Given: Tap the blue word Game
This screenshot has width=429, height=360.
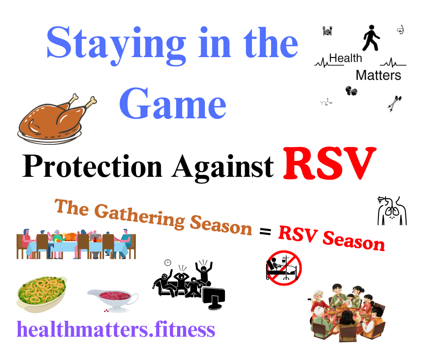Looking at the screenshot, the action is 173,104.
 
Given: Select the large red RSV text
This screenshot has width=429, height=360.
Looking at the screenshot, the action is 330,164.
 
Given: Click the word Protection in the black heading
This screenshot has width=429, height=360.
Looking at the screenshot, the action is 92,166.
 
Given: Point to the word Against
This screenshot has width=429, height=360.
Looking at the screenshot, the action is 223,168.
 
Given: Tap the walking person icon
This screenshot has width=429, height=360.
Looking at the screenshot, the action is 371,38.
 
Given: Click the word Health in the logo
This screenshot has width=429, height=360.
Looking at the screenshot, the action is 345,58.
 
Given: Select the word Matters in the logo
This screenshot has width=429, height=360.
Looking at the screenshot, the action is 378,75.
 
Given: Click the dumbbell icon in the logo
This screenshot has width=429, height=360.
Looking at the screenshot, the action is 351,90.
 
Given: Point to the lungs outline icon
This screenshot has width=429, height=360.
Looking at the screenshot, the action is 392,211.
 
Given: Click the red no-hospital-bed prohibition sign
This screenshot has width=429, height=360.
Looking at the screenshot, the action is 284,268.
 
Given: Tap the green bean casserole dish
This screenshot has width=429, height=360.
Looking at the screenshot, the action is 42,294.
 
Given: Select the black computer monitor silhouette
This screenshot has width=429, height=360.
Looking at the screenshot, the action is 214,298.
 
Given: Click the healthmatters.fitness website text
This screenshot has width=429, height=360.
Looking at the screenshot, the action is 116,329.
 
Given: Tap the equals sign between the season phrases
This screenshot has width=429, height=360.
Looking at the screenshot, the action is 265,232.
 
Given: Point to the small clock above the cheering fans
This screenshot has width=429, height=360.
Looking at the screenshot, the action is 167,263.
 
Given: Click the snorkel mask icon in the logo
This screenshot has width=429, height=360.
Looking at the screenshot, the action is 401,30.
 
